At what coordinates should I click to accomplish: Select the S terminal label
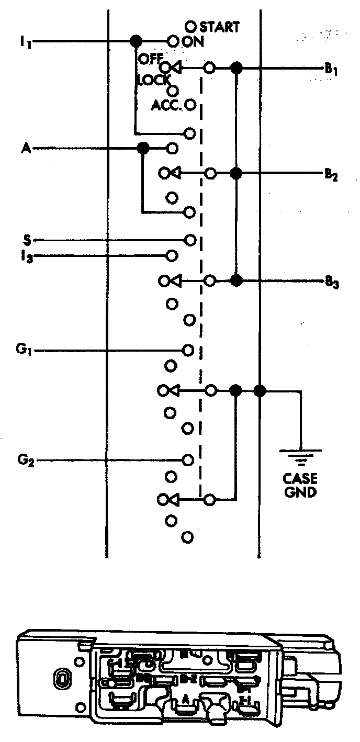coord(26,240)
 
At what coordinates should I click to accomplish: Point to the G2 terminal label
coord(23,461)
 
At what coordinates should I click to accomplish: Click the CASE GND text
coord(301,485)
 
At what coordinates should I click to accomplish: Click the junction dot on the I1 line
coord(136,40)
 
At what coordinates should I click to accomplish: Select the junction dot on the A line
coord(142,149)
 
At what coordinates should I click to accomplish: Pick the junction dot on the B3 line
coord(237,281)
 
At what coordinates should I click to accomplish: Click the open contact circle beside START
coord(191,26)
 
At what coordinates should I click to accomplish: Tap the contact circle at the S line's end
coord(190,240)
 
